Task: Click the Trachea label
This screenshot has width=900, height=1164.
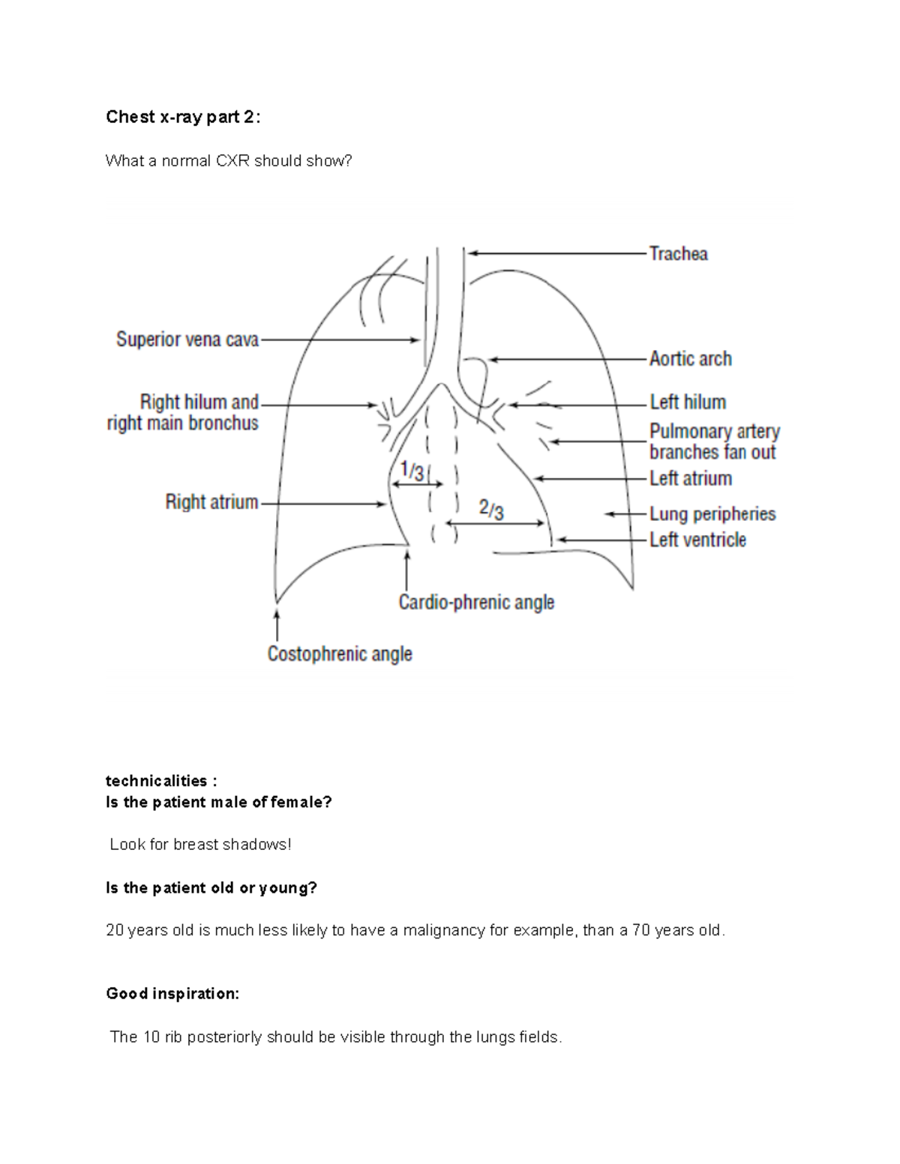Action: (678, 254)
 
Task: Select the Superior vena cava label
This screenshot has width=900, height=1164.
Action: (187, 340)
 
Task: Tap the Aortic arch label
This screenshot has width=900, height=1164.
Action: (690, 359)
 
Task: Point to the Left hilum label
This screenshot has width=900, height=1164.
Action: (688, 402)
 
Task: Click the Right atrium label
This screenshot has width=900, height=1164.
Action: (211, 502)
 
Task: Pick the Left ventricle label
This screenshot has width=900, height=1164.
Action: (697, 540)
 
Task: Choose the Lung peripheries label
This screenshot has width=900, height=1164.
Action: (712, 514)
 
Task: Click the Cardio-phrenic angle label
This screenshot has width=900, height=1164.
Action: (476, 603)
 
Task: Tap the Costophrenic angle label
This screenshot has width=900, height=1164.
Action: (340, 654)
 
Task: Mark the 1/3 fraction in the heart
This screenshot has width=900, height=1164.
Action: (412, 471)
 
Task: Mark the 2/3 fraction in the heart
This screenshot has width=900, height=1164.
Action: (491, 510)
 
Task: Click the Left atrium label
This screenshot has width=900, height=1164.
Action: (691, 478)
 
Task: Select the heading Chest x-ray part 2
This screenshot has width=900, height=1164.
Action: (183, 117)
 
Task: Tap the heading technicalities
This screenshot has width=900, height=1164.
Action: (160, 781)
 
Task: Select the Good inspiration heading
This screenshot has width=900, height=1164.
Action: (172, 994)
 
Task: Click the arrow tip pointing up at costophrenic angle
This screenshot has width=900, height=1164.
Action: (277, 612)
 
